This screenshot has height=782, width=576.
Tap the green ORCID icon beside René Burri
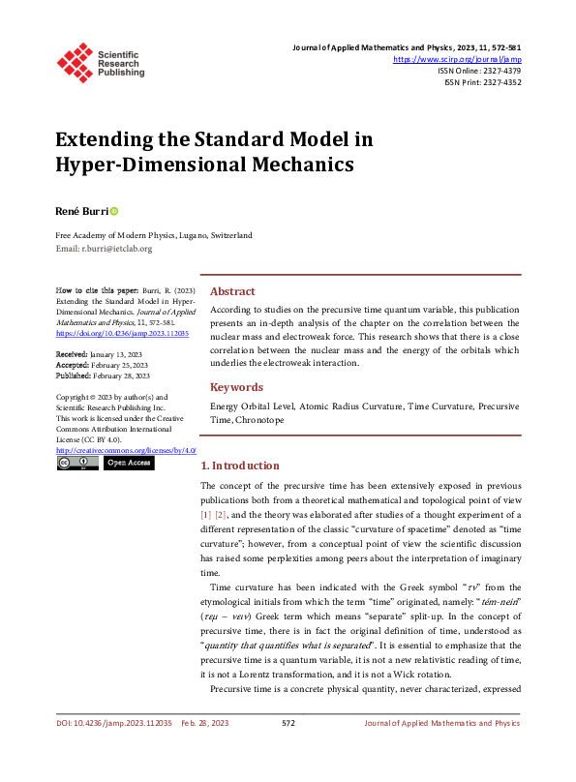point(113,210)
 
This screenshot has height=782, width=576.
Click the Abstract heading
point(232,291)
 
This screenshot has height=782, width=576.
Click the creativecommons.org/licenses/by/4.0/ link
point(126,450)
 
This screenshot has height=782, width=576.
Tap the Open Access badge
point(128,464)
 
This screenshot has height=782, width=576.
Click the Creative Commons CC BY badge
point(76,464)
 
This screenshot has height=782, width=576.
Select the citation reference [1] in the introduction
point(205,515)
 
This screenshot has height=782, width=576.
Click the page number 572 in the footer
point(288,749)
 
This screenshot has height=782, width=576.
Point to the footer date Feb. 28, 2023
point(205,749)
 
